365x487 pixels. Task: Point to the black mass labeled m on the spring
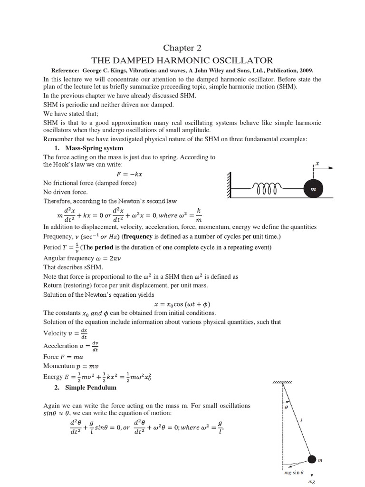click(313, 189)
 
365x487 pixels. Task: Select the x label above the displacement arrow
click(317, 163)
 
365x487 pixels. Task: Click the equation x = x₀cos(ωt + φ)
click(182, 304)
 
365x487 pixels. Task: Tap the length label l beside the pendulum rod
click(303, 420)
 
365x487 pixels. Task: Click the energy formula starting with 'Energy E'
click(97, 377)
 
